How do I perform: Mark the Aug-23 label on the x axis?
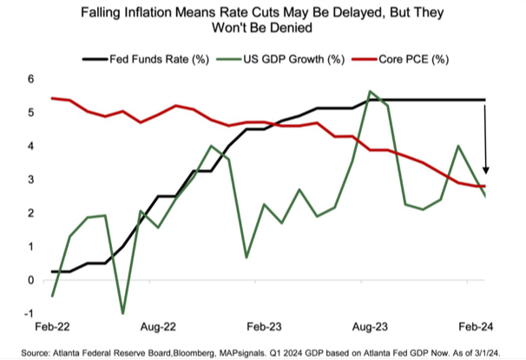tap(371, 331)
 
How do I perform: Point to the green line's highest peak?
tap(371, 91)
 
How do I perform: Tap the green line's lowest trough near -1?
tap(122, 313)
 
